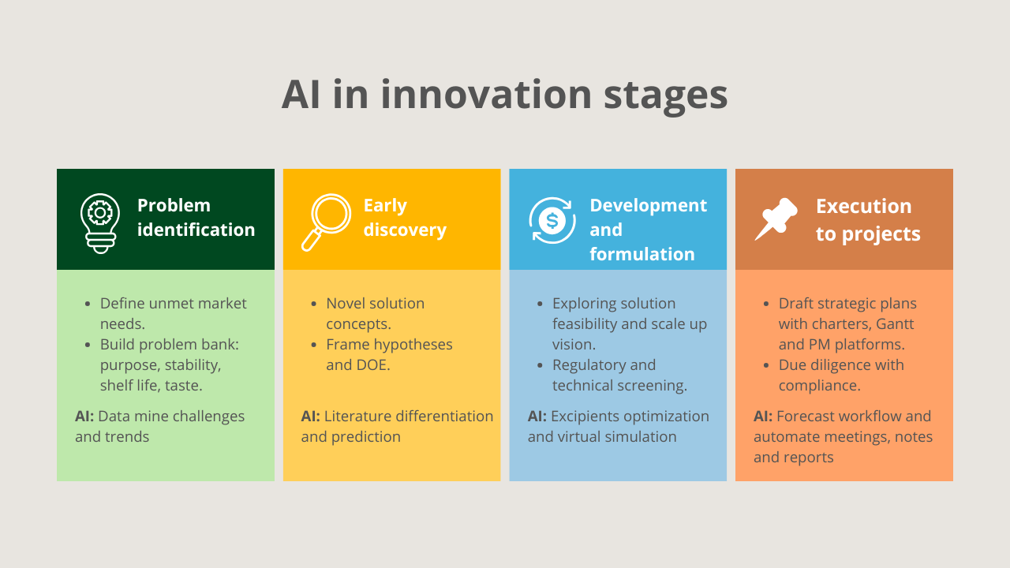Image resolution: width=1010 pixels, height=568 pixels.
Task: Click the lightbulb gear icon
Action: [100, 222]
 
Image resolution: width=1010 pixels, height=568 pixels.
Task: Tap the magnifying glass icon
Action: [325, 222]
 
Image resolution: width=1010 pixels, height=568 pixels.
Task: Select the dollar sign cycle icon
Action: [552, 221]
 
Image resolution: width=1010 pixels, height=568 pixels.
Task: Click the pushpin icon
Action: [776, 219]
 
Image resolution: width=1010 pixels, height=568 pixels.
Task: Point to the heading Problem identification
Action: [196, 218]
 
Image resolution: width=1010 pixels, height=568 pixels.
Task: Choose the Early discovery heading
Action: [404, 218]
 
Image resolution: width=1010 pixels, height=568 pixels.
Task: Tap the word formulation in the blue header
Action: [642, 254]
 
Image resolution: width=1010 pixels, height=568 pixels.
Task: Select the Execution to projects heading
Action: [867, 220]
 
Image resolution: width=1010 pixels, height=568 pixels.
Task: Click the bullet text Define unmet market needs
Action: [173, 313]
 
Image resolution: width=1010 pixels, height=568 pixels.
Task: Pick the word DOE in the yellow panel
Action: [373, 365]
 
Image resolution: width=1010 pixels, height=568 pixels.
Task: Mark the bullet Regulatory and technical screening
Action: [619, 375]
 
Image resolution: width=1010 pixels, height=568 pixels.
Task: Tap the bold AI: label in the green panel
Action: [84, 416]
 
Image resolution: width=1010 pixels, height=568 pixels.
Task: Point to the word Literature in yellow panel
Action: [361, 416]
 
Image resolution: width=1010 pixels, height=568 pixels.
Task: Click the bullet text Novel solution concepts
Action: [375, 313]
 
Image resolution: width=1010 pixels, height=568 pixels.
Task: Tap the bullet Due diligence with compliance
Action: [840, 375]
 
